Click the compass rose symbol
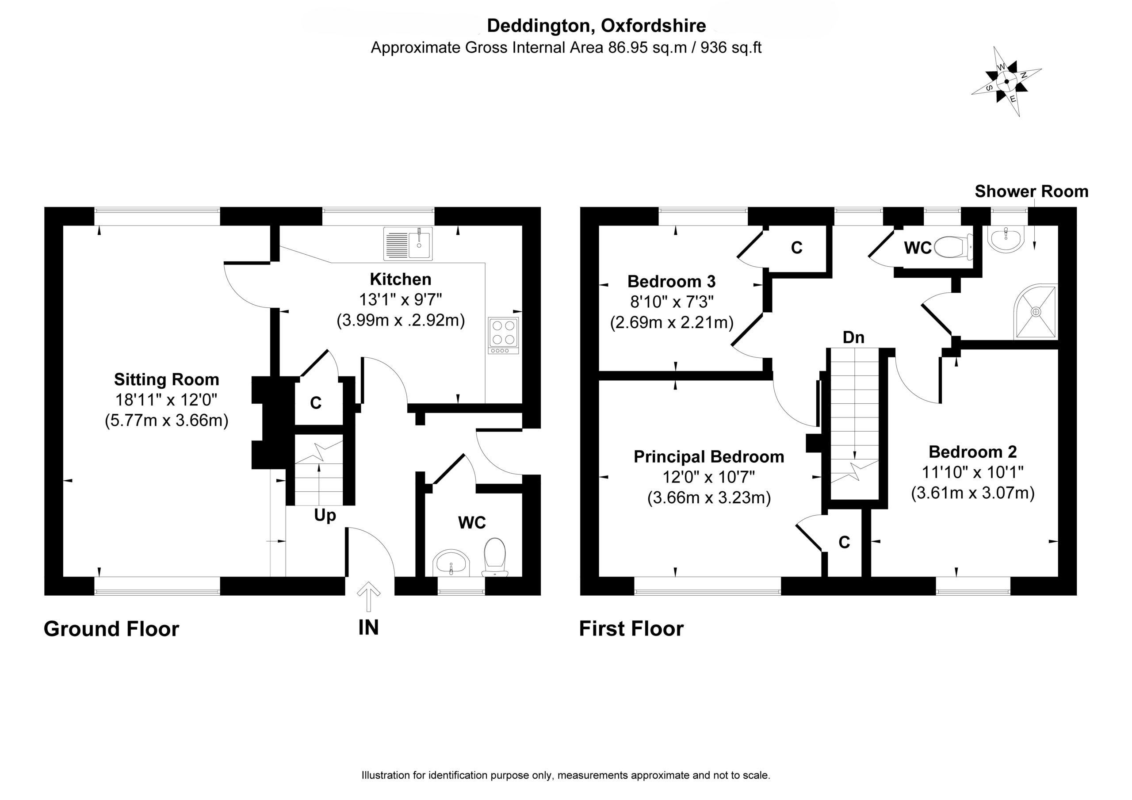[x=1006, y=82]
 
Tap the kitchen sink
[x=408, y=244]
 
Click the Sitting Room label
[x=167, y=379]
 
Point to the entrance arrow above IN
[x=368, y=597]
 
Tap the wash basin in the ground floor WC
[x=451, y=564]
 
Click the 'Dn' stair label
[x=853, y=337]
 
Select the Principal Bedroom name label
[x=708, y=457]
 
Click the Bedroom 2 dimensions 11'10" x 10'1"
[x=973, y=472]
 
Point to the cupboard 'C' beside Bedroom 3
[x=797, y=247]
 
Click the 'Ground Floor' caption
[x=111, y=629]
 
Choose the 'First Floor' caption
[x=631, y=629]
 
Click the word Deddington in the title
[x=539, y=25]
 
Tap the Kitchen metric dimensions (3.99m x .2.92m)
[x=401, y=321]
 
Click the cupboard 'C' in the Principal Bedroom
[x=844, y=543]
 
